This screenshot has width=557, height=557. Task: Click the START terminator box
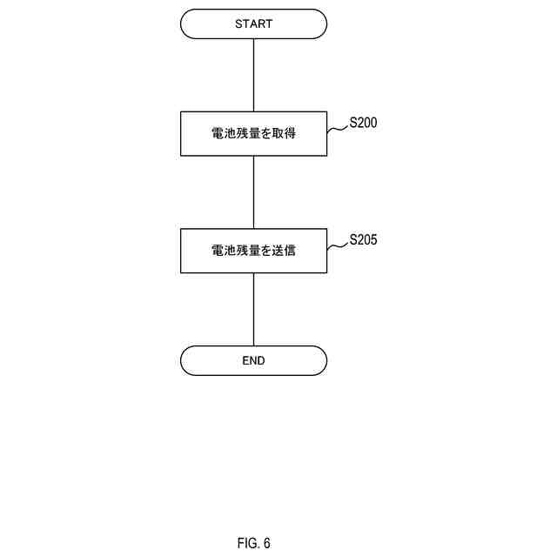pos(253,24)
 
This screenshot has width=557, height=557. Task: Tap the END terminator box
pos(253,360)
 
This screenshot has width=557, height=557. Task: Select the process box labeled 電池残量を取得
pos(253,134)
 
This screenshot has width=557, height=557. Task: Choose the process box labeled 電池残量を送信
pos(253,251)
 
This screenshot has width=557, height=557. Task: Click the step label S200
pos(363,124)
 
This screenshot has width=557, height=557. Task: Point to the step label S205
pos(363,240)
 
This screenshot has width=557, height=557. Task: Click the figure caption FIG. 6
pos(253,543)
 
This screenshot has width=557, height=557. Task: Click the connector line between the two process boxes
pos(253,192)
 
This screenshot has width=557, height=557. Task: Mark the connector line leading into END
pos(253,309)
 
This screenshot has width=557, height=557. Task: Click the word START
pos(253,24)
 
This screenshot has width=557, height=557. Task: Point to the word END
pos(253,360)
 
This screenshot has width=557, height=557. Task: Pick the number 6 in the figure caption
pos(266,543)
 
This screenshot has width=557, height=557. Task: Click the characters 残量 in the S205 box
pos(247,251)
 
